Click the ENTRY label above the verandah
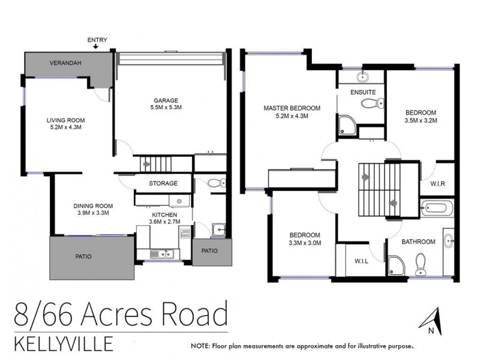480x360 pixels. click(x=97, y=40)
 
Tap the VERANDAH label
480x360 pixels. click(x=66, y=62)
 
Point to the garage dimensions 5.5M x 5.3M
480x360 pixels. click(x=163, y=107)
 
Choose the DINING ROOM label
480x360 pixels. click(x=89, y=206)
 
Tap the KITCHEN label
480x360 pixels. click(x=164, y=214)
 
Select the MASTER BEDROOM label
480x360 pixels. click(x=292, y=108)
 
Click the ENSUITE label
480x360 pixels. click(x=362, y=92)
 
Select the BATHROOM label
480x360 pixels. click(x=418, y=242)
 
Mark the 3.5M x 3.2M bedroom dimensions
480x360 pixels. click(x=421, y=120)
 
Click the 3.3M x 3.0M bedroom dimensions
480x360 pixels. click(x=305, y=243)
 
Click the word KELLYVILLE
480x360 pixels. click(x=62, y=344)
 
